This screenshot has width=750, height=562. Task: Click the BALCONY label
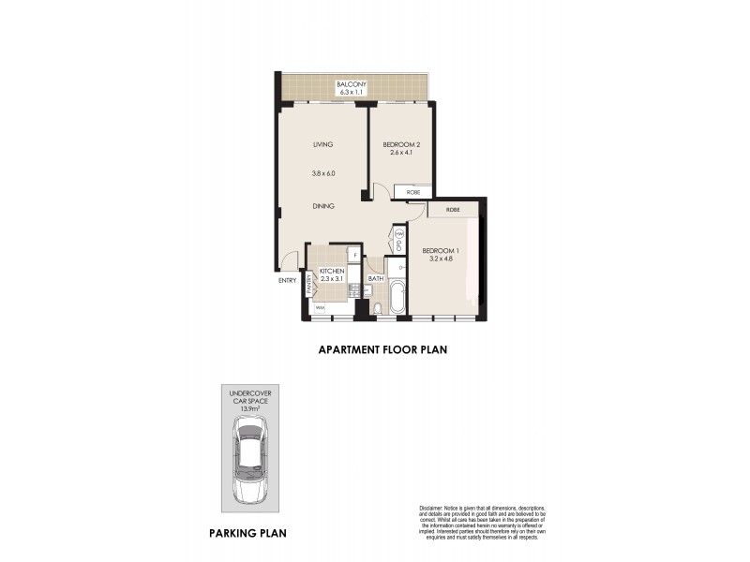point(352,84)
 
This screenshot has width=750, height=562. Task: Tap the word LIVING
point(323,143)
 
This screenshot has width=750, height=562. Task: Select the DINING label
point(323,205)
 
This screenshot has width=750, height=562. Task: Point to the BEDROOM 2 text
point(401,143)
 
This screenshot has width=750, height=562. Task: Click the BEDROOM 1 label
point(439,251)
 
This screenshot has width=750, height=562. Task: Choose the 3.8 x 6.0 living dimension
point(323,173)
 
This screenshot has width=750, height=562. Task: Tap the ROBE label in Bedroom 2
point(413,192)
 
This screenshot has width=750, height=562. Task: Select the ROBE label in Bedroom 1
point(453,210)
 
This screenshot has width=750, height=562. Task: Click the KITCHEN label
point(332,270)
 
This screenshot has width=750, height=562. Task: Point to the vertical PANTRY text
point(307,284)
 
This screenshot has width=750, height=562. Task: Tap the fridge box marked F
point(354,254)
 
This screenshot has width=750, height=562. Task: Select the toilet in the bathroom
point(376,309)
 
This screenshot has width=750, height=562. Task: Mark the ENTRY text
point(286,280)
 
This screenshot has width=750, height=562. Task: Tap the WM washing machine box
point(320,307)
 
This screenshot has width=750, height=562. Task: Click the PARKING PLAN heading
point(247,534)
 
